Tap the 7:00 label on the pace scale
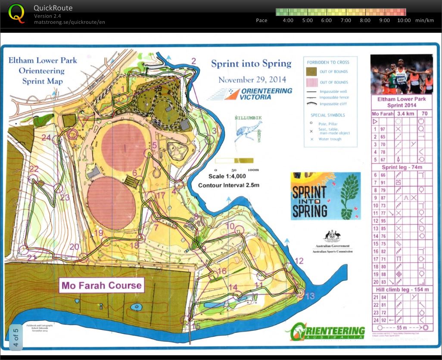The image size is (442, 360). (346, 20)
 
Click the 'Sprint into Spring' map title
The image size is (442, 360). (251, 64)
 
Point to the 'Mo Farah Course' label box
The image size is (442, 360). (101, 285)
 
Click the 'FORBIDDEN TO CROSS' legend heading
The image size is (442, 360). (328, 62)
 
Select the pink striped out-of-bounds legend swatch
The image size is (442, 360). (311, 82)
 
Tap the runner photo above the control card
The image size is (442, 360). (401, 74)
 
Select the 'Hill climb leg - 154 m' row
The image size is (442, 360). (401, 290)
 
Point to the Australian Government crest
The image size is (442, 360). (331, 236)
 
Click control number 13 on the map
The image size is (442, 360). (310, 295)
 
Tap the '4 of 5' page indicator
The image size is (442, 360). (16, 338)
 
